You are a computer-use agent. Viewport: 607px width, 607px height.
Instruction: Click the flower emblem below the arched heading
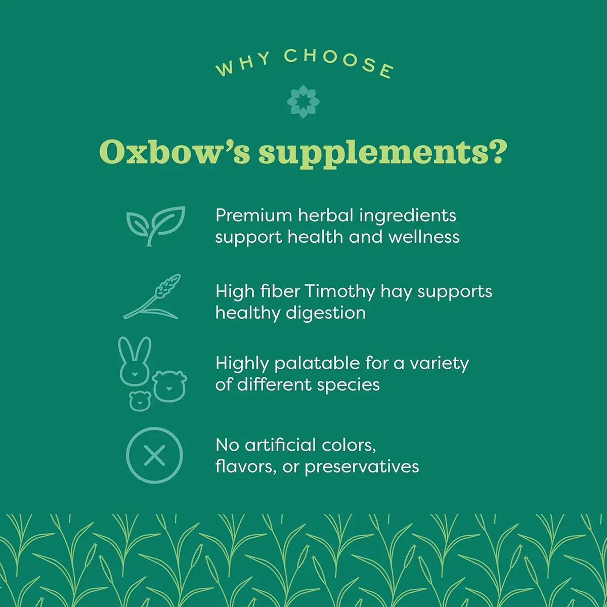point(303,102)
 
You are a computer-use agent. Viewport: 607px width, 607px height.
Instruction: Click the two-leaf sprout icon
point(155,225)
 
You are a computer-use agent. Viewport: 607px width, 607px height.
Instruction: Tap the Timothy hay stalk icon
point(152,297)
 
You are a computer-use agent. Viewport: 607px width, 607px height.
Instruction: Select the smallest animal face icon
point(140,401)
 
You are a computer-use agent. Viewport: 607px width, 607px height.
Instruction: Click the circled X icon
point(154,455)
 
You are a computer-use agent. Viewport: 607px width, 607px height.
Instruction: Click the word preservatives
point(361,466)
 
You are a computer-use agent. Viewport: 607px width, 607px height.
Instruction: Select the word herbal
point(325,215)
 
